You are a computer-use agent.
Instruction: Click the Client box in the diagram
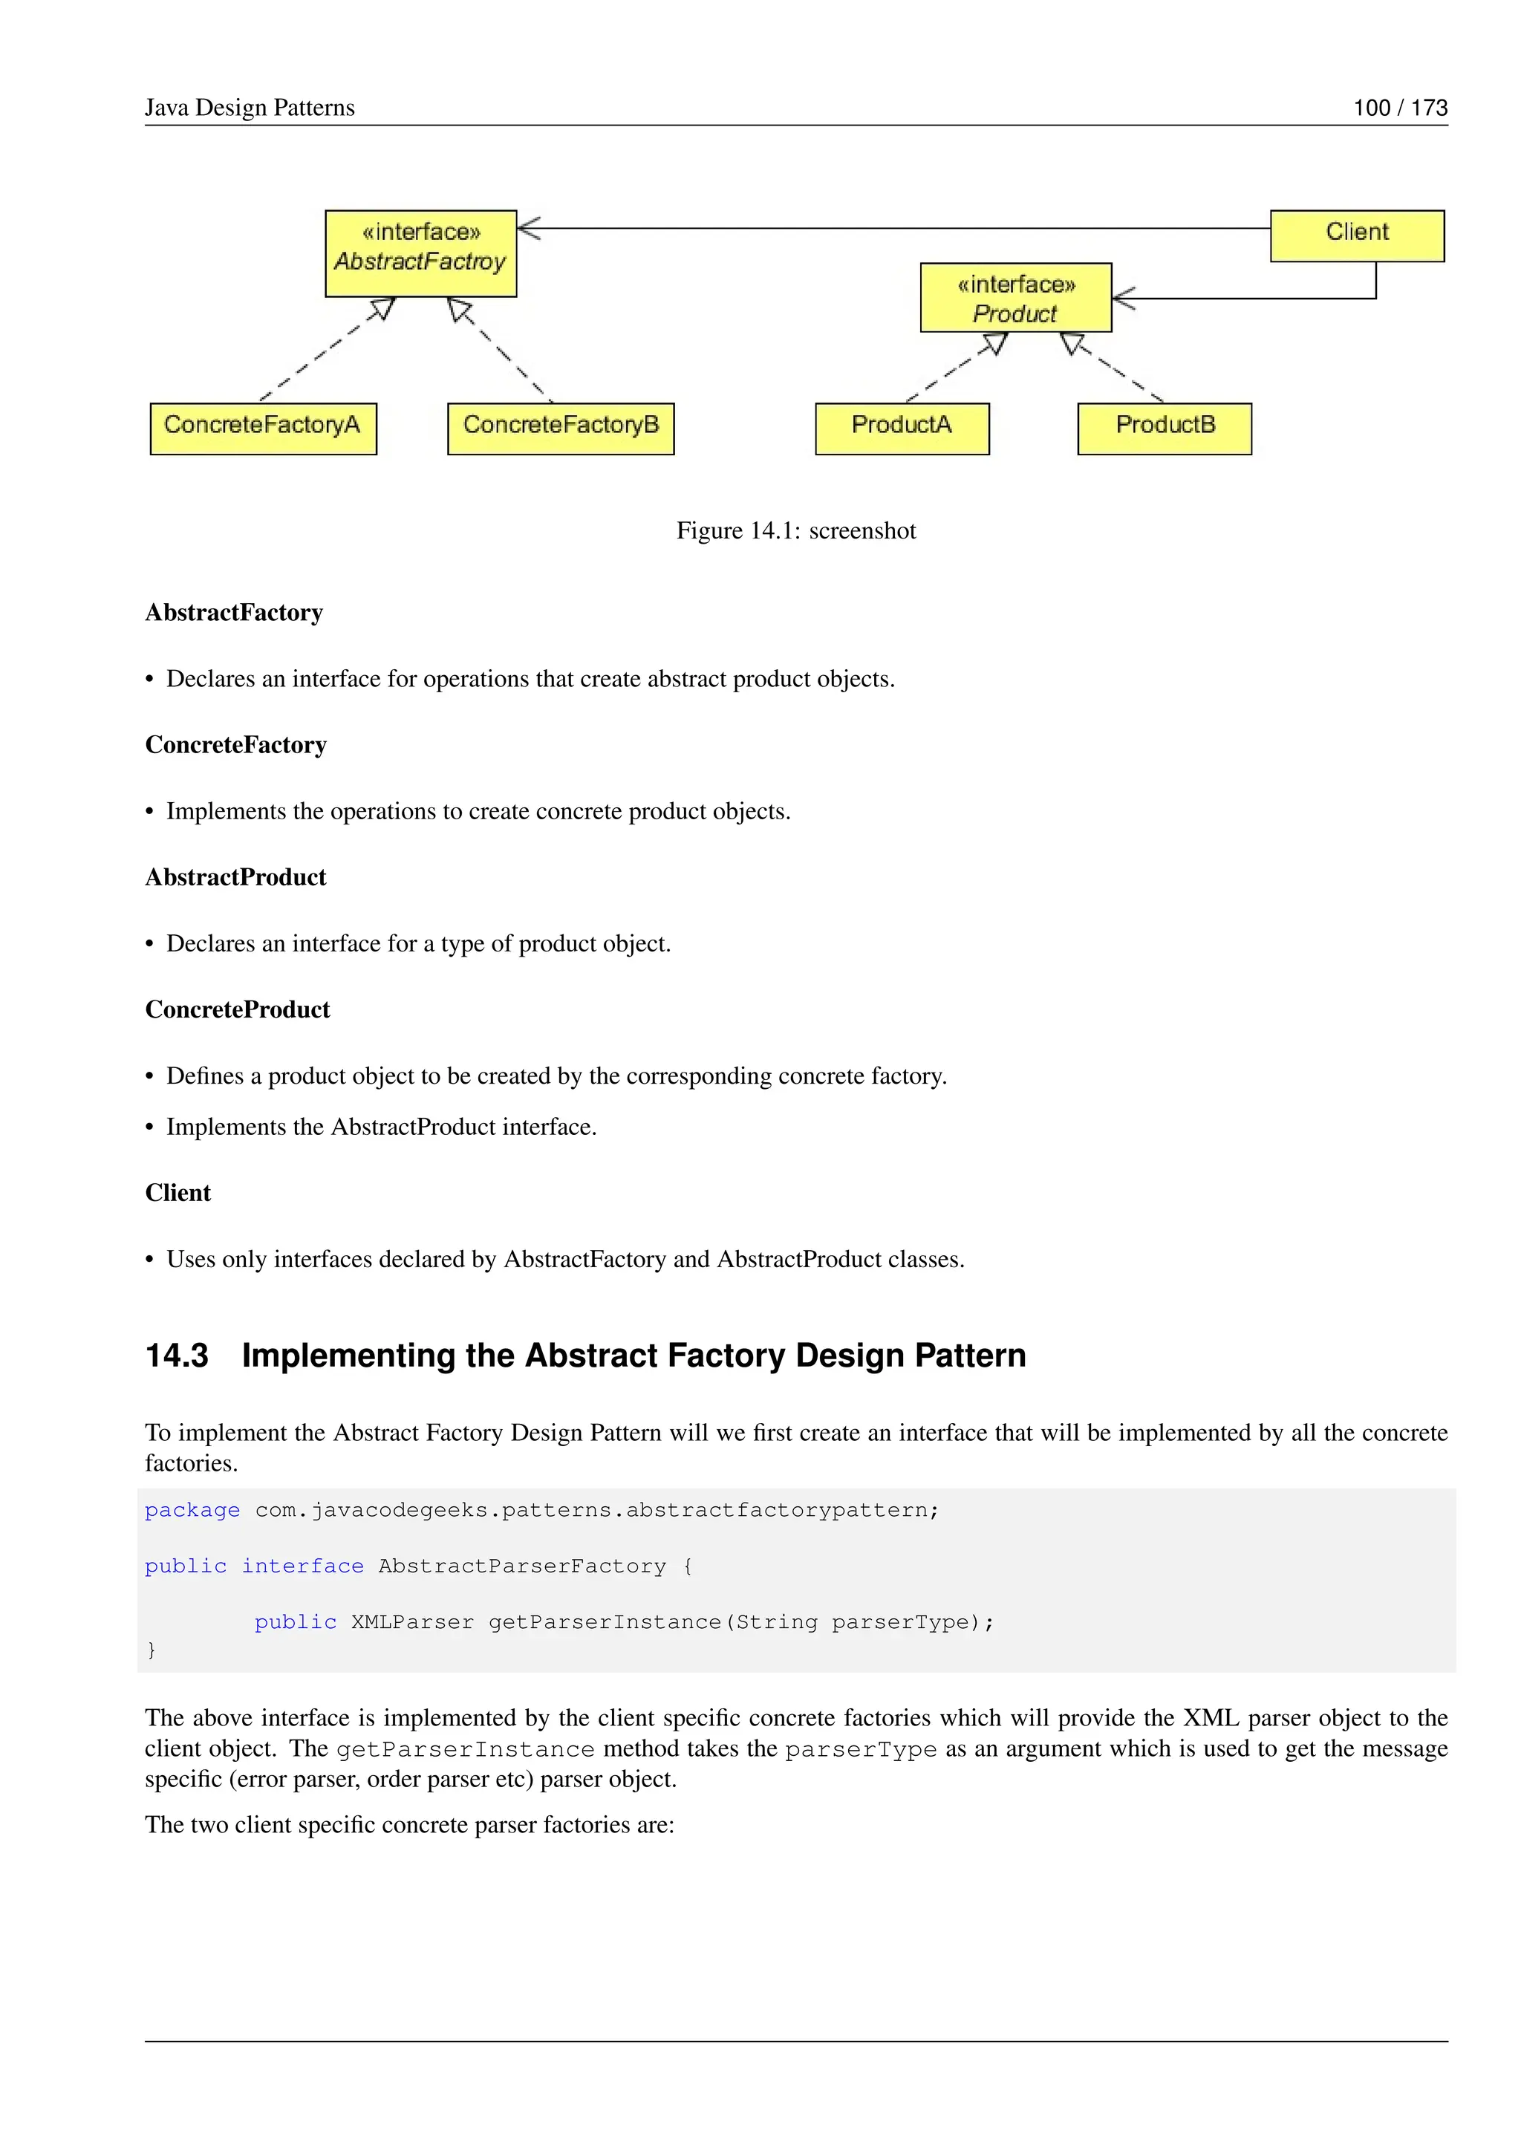tap(1356, 235)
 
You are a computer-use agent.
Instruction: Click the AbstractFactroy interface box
tap(420, 253)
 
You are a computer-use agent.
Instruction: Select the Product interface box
tap(1015, 297)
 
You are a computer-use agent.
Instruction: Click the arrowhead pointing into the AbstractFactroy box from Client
tap(530, 228)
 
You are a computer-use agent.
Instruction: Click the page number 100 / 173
tap(1399, 108)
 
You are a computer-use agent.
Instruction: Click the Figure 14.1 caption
tap(796, 531)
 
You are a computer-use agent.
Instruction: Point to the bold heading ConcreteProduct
tap(237, 1010)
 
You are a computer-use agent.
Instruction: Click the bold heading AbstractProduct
tap(235, 878)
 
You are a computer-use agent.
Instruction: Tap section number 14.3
tap(176, 1356)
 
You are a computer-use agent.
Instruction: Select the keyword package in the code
tap(192, 1510)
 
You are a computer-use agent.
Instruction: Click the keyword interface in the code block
tap(302, 1566)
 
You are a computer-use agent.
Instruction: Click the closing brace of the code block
tap(152, 1650)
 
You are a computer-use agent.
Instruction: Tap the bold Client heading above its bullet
tap(178, 1194)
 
